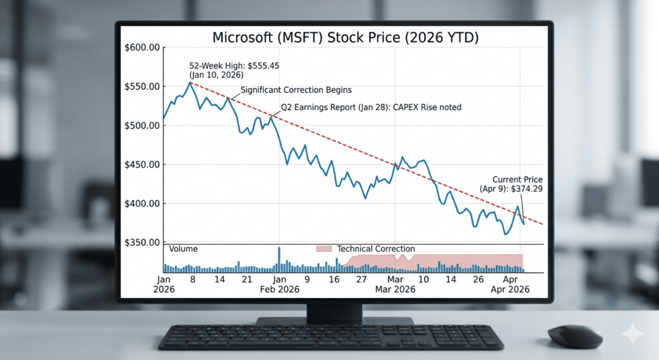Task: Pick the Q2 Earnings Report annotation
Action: click(371, 108)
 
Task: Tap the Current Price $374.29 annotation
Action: click(517, 185)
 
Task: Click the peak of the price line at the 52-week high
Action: click(190, 82)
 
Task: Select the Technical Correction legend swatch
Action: click(324, 249)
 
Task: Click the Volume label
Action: click(183, 249)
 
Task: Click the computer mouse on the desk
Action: click(575, 336)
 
